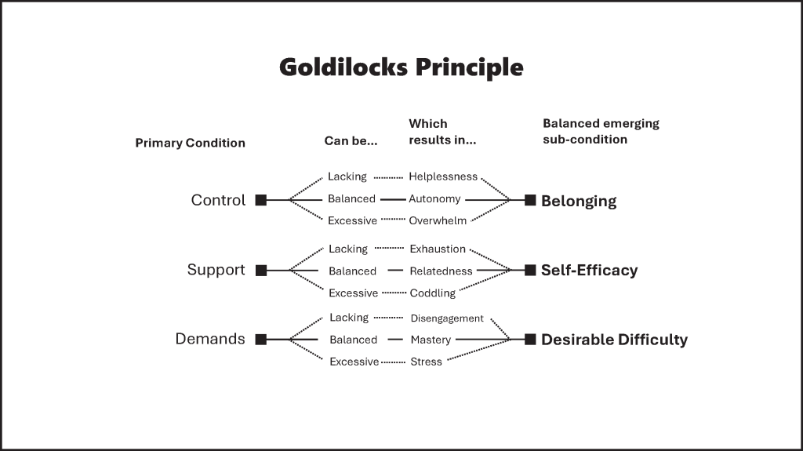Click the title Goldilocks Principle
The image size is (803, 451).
[x=401, y=67]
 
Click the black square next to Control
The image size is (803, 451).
[x=261, y=200]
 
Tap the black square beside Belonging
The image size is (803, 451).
[x=530, y=200]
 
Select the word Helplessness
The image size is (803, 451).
[x=443, y=177]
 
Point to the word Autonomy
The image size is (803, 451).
[x=434, y=199]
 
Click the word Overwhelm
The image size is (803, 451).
[x=438, y=220]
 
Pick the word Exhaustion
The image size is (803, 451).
[x=438, y=249]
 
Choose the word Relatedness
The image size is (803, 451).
[x=441, y=271]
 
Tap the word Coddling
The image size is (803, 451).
[x=432, y=293]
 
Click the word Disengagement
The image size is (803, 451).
[x=447, y=318]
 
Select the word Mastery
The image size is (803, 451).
[x=431, y=340]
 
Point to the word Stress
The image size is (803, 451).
[x=426, y=362]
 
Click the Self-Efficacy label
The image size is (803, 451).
[x=589, y=271]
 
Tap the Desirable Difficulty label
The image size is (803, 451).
[x=614, y=340]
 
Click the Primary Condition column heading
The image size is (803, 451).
[x=190, y=143]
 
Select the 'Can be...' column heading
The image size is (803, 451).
[x=351, y=141]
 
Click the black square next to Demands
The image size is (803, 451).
[x=261, y=340]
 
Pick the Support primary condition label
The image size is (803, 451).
[x=216, y=270]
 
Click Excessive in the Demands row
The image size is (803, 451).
[x=354, y=362]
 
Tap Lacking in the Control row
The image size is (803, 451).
[x=347, y=177]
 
